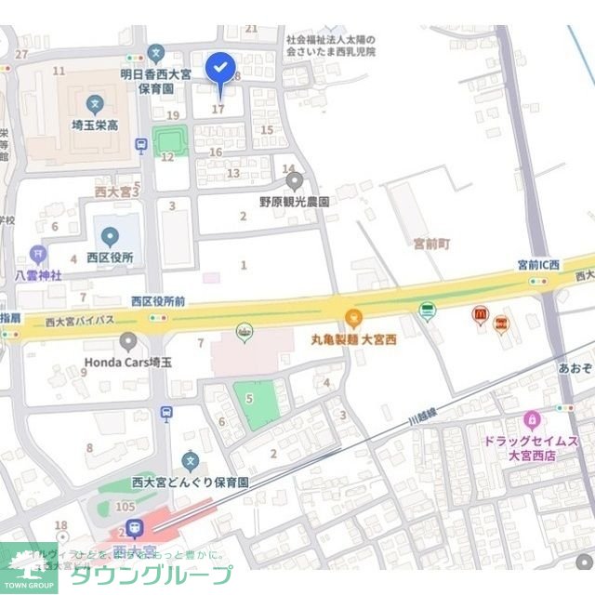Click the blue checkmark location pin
point(220,68)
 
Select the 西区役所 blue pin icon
point(109,236)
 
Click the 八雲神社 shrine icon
point(37,253)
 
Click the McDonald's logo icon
point(480,315)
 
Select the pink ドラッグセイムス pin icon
point(532,420)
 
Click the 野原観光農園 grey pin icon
point(294,180)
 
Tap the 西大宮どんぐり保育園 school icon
point(190,460)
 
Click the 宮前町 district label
point(431,243)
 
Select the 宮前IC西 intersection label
point(539,265)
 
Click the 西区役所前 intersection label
point(158,301)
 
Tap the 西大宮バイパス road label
point(79,322)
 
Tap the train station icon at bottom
point(135,528)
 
